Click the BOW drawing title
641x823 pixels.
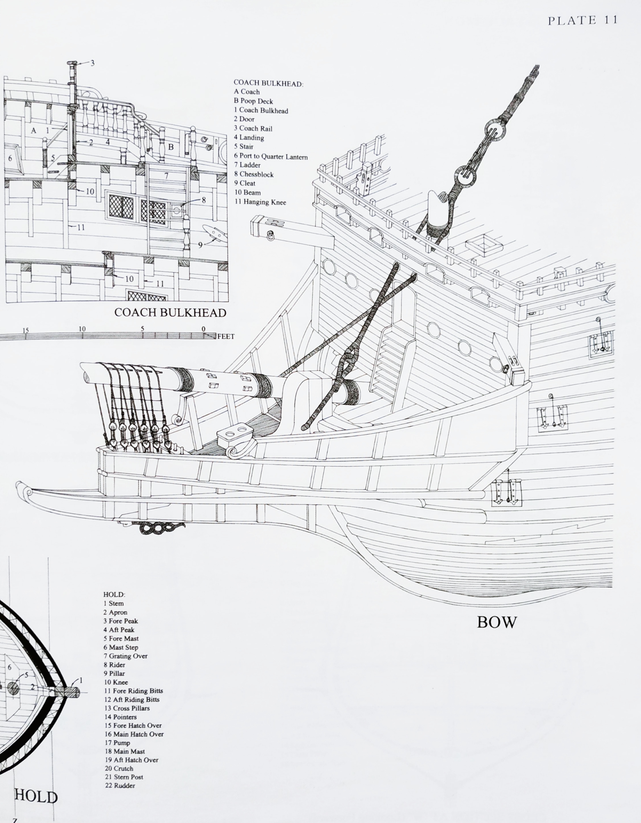click(497, 622)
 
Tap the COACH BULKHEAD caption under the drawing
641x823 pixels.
click(170, 312)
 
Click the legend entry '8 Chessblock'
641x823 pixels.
click(254, 174)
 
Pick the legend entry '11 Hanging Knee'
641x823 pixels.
click(260, 202)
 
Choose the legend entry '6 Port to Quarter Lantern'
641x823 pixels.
click(271, 156)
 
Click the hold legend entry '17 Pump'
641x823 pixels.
click(118, 743)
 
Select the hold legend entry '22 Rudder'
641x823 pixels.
click(120, 786)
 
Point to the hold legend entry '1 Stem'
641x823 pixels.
click(114, 603)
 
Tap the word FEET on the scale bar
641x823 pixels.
click(226, 336)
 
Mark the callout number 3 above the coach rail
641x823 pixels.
click(92, 63)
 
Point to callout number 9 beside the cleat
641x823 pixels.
click(200, 245)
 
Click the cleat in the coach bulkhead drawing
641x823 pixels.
click(213, 233)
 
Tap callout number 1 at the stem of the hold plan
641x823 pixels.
click(81, 681)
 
